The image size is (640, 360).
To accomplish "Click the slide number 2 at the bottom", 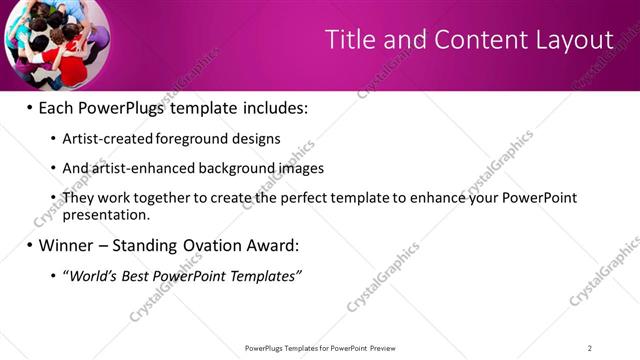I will [x=589, y=348].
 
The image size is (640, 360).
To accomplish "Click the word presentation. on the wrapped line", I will [x=106, y=214].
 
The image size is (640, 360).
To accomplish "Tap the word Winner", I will [x=68, y=244].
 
